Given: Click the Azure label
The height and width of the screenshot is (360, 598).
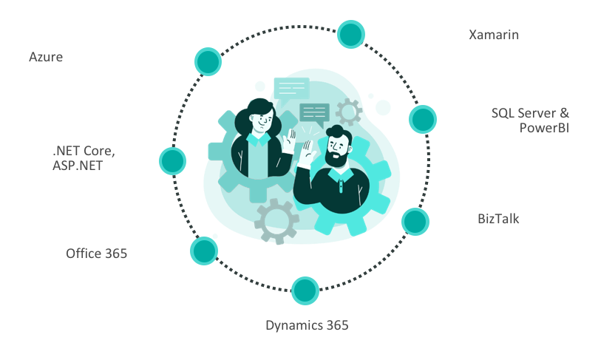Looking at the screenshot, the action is click(46, 57).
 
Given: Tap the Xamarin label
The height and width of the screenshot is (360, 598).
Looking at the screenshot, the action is click(494, 35).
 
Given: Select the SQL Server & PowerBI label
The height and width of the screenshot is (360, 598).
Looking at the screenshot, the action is click(530, 120).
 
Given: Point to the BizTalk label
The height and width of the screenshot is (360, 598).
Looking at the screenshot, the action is click(498, 219).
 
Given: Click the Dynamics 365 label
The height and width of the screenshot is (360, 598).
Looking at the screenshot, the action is click(307, 325).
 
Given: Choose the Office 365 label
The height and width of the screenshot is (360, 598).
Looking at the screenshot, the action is click(97, 254).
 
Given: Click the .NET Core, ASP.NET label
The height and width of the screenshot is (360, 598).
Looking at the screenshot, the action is click(84, 158).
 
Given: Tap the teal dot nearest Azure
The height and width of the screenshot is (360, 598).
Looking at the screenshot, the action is click(208, 62).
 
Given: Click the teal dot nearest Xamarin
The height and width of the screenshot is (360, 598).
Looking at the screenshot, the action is click(351, 34).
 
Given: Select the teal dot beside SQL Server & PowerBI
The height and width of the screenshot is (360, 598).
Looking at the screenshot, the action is click(423, 119).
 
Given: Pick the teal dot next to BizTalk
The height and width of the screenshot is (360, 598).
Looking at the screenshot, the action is click(415, 222).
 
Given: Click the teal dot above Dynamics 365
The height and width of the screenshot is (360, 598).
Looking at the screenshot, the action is click(305, 291).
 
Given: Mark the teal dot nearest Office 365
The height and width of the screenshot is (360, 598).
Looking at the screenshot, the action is click(204, 251).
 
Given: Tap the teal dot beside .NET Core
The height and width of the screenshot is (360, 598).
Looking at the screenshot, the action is click(173, 161).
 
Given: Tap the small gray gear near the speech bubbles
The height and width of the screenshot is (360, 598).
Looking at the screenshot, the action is click(349, 112).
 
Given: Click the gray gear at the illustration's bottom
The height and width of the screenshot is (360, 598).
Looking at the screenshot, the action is click(276, 221).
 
